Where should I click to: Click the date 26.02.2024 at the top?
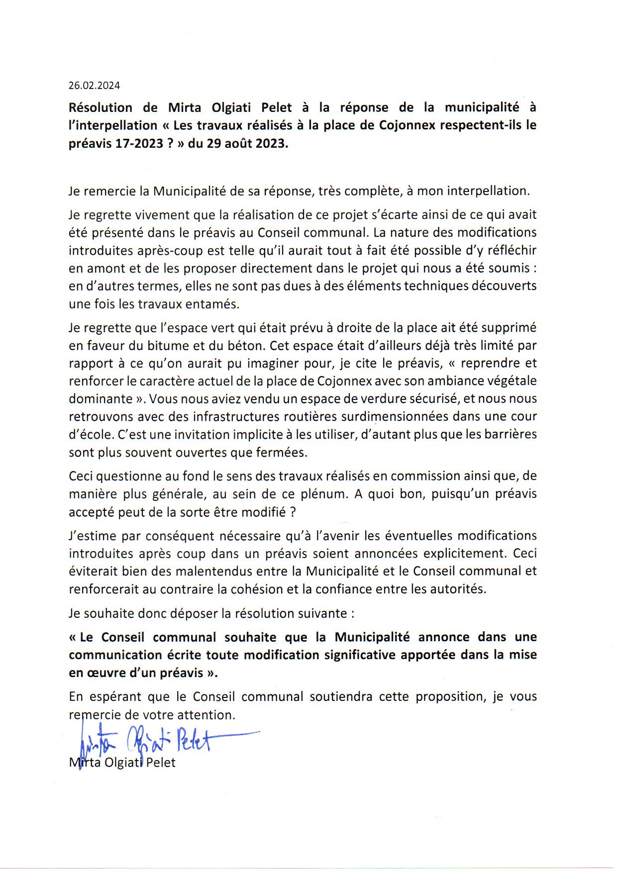click(x=94, y=86)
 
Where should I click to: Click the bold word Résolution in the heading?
click(x=101, y=107)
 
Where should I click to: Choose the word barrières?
click(x=510, y=434)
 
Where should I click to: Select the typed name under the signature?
click(x=122, y=763)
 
